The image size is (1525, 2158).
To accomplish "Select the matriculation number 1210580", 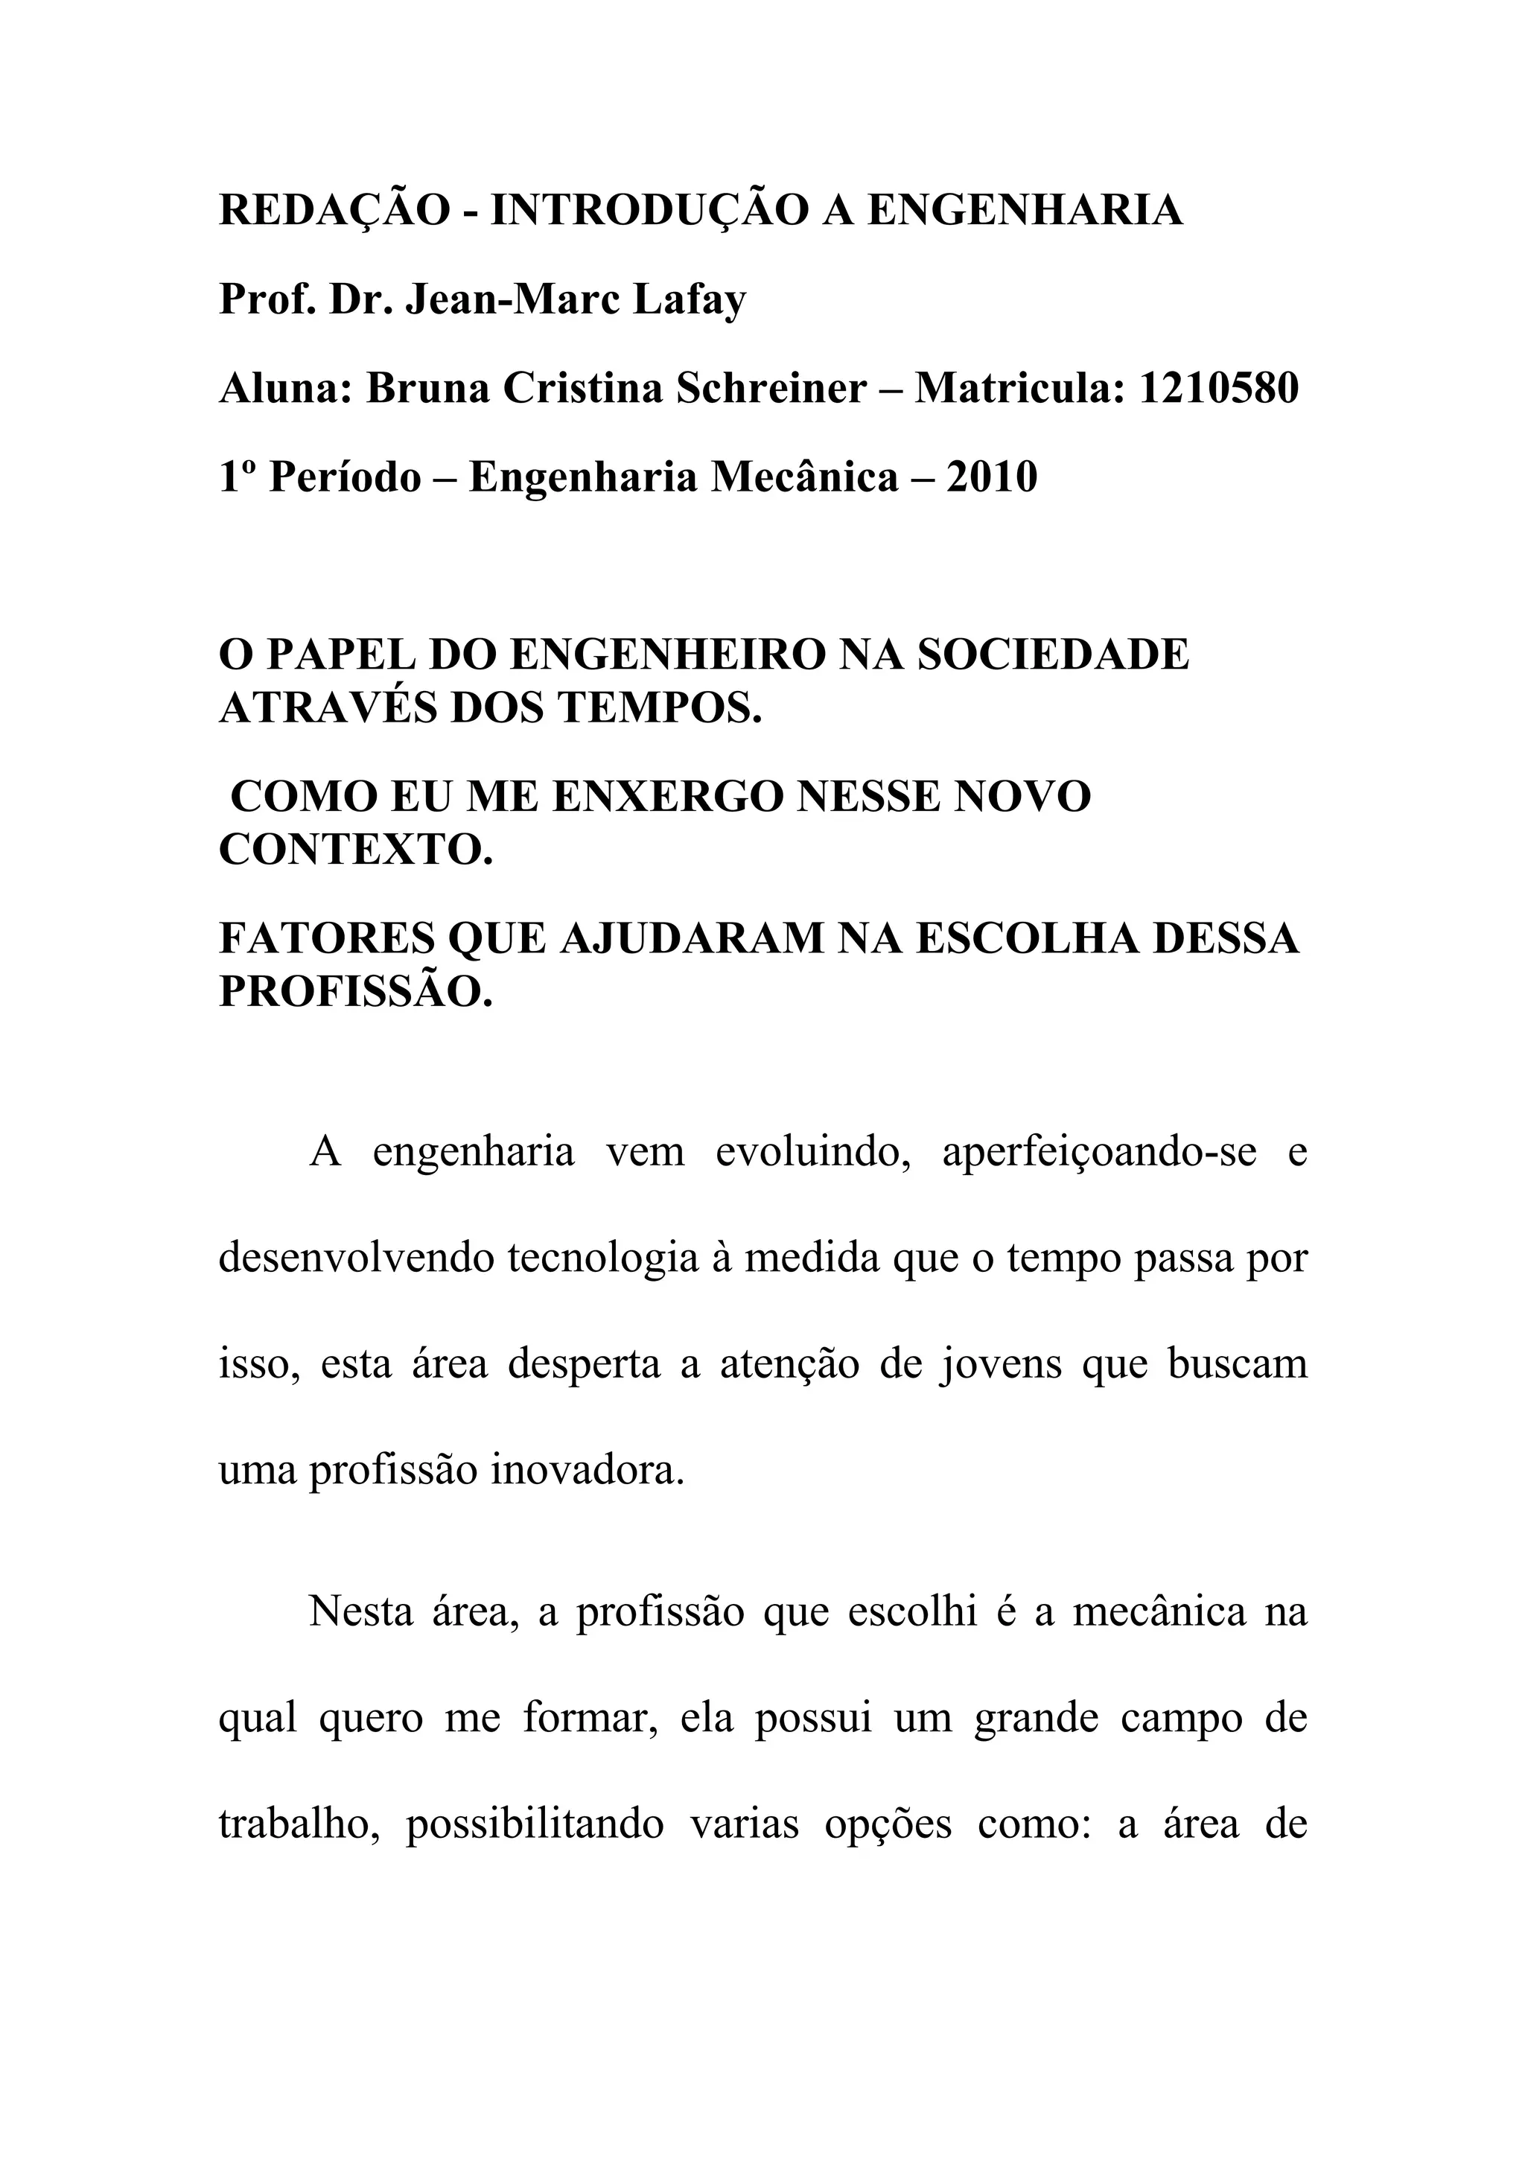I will click(1219, 387).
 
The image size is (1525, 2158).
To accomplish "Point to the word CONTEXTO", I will click(355, 850).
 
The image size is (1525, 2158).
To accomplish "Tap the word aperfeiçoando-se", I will click(1099, 1152).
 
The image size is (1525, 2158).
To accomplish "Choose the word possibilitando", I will click(535, 1824).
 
